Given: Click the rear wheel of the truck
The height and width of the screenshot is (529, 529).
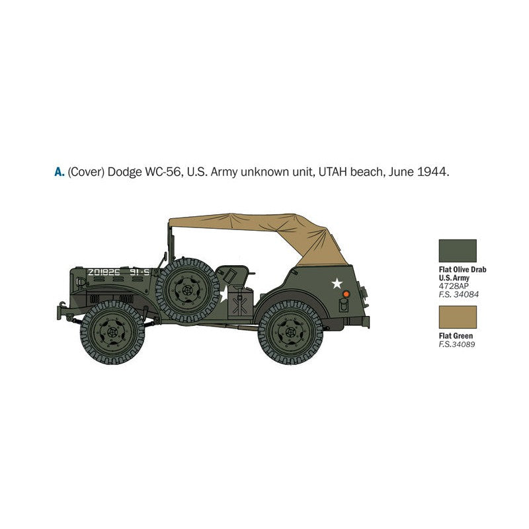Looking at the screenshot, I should pyautogui.click(x=291, y=332).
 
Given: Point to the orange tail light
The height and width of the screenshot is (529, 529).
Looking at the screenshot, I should pyautogui.click(x=345, y=293).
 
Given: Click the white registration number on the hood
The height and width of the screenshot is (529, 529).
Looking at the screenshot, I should pyautogui.click(x=103, y=272).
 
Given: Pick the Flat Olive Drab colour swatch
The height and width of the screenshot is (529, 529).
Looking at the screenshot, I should pyautogui.click(x=457, y=251).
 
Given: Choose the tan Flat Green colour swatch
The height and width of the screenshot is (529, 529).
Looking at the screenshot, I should pyautogui.click(x=457, y=317).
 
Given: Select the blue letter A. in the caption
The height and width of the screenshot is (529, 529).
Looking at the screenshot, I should pyautogui.click(x=60, y=172).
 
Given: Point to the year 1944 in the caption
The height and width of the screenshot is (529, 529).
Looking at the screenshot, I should pyautogui.click(x=433, y=172).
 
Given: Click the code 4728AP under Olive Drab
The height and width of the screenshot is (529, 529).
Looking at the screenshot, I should pyautogui.click(x=454, y=286).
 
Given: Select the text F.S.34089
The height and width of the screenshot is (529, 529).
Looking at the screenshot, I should pyautogui.click(x=457, y=345).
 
